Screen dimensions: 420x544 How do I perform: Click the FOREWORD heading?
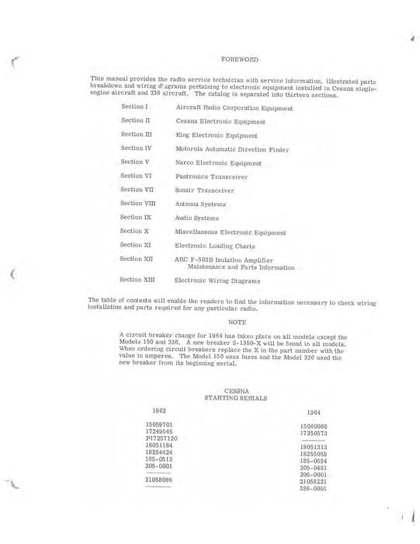[x=240, y=59]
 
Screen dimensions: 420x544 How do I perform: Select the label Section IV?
[x=137, y=148]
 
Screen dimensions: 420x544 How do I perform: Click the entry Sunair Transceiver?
[x=203, y=190]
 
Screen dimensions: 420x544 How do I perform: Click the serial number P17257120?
[x=162, y=438]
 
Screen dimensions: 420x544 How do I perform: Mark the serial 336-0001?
[x=314, y=488]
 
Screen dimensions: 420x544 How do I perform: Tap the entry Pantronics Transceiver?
[x=212, y=176]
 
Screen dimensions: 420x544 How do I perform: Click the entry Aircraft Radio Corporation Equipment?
[x=234, y=107]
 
